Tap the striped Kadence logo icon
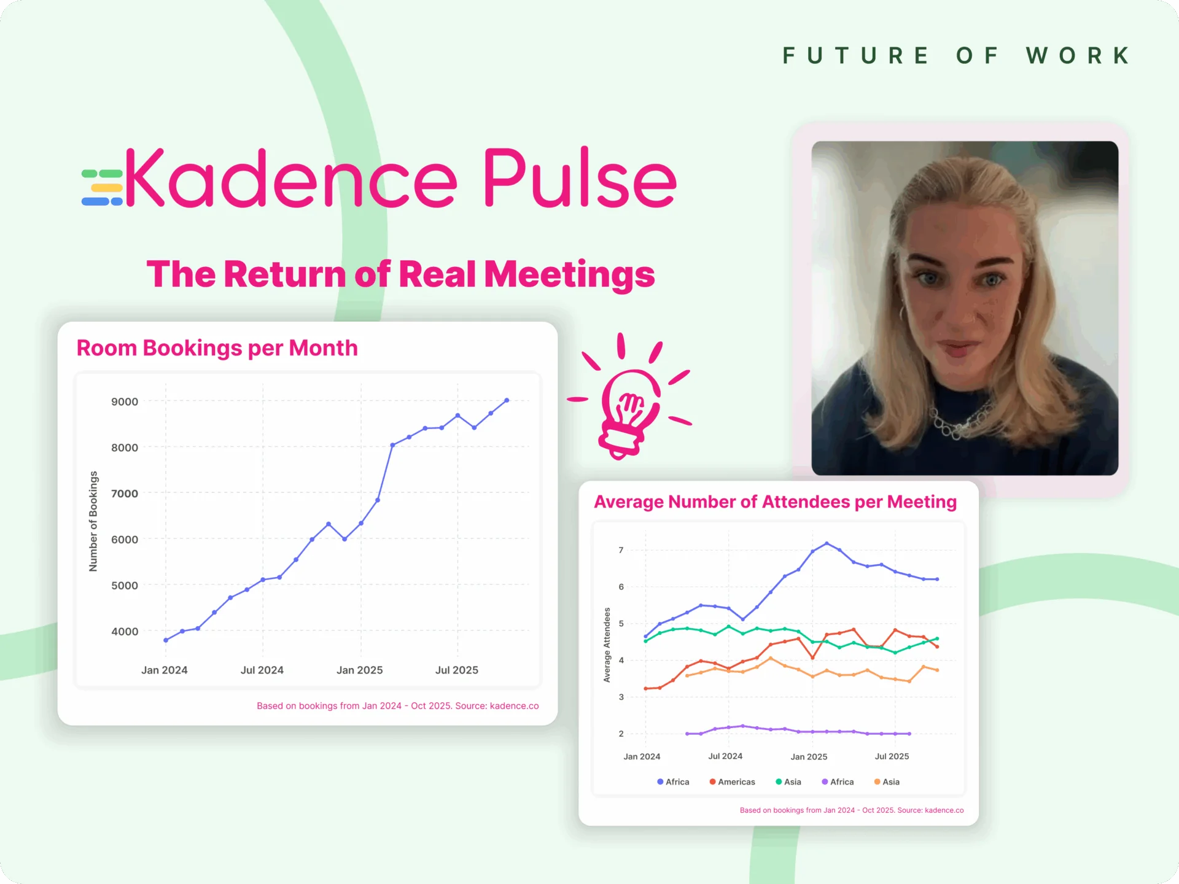click(x=102, y=187)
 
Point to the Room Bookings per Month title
click(x=217, y=348)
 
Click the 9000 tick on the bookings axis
click(x=125, y=401)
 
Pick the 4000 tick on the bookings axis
click(x=125, y=631)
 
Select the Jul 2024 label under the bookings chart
click(x=262, y=670)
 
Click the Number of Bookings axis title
click(x=93, y=521)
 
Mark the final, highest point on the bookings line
click(x=507, y=400)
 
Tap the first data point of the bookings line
click(x=166, y=640)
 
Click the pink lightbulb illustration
click(x=629, y=399)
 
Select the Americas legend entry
click(x=733, y=781)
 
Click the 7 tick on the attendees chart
click(x=621, y=550)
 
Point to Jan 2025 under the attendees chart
click(x=809, y=756)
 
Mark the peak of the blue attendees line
click(x=827, y=543)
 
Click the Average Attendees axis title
click(x=607, y=645)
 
